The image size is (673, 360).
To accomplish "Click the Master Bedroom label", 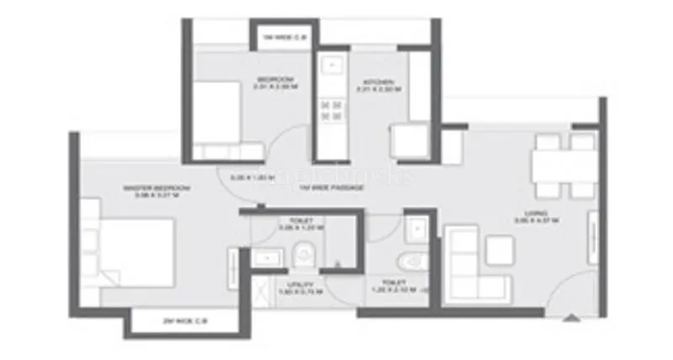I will (156, 188).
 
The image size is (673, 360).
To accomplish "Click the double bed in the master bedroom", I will (135, 251).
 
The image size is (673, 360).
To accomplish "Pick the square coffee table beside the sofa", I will (500, 249).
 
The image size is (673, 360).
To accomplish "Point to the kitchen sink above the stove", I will (330, 66).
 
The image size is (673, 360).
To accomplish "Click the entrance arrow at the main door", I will (571, 318).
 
